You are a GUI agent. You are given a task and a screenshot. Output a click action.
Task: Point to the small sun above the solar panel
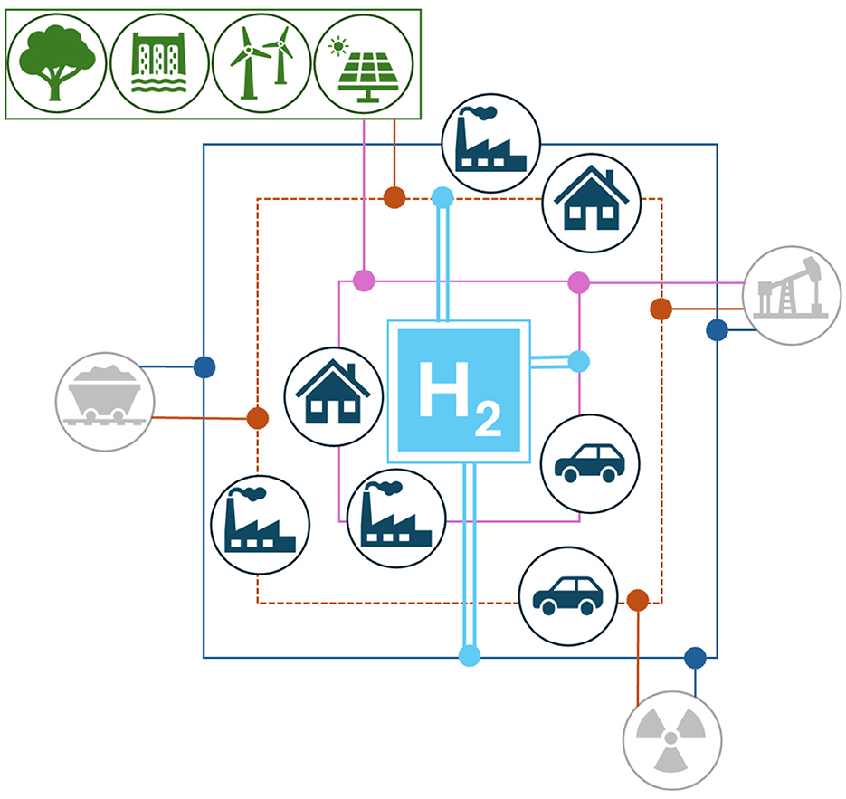339,45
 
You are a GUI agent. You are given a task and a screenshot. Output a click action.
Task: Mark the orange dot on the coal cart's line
258,419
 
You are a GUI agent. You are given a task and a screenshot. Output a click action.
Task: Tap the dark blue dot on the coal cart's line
204,367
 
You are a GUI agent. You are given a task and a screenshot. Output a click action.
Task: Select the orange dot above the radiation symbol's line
637,599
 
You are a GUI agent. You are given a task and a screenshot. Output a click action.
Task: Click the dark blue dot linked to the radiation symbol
695,658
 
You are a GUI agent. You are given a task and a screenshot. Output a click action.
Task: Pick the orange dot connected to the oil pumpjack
661,309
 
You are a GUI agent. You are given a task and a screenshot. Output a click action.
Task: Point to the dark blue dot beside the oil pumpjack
717,330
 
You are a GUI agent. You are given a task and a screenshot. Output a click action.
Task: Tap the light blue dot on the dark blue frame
469,657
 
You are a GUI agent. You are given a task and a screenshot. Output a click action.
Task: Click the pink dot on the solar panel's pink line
364,281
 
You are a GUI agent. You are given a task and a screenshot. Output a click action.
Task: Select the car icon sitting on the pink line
589,462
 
